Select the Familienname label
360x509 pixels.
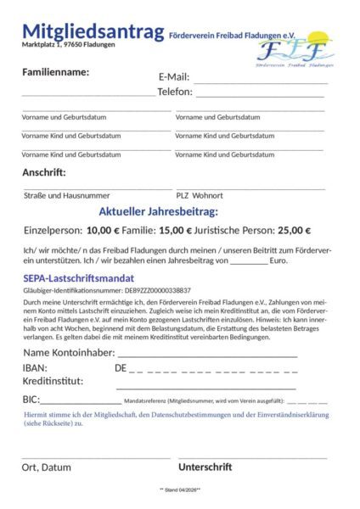click(x=55, y=71)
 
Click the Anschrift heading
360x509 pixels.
click(x=44, y=172)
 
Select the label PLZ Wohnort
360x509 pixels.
click(x=200, y=195)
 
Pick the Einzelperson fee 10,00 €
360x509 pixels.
click(x=104, y=229)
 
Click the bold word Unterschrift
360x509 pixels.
click(x=205, y=467)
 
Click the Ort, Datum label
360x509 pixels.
click(x=47, y=467)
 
